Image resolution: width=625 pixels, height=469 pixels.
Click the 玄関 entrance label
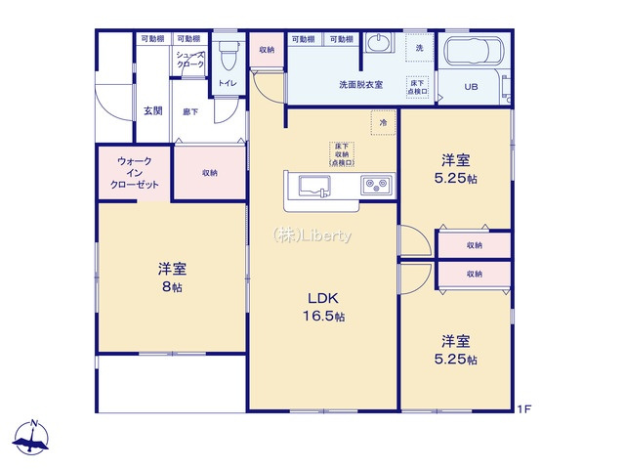click(x=153, y=110)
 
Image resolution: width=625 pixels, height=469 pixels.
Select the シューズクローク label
click(x=190, y=60)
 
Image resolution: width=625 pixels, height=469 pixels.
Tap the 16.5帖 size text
click(x=324, y=317)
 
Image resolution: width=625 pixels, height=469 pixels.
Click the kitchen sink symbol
click(x=313, y=186)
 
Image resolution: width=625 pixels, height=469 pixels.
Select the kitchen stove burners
click(x=376, y=184)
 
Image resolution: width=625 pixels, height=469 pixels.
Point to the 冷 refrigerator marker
click(x=384, y=123)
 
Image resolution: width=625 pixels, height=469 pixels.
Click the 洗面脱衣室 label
click(x=360, y=85)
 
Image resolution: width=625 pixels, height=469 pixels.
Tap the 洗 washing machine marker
click(x=420, y=49)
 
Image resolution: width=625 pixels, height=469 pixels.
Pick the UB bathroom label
click(x=471, y=87)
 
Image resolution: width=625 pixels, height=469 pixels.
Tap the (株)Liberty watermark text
click(x=312, y=234)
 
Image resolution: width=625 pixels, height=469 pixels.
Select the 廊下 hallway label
click(x=190, y=111)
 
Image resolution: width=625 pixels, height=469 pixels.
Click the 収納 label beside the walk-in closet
click(x=210, y=173)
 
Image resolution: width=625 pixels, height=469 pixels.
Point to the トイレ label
click(x=227, y=84)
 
